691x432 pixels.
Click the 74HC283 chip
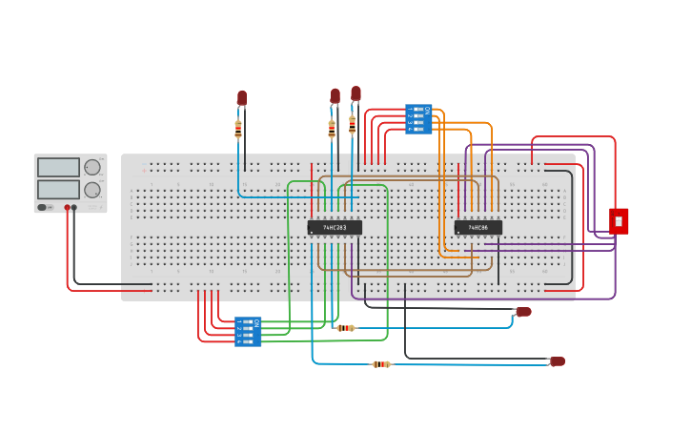[x=335, y=228]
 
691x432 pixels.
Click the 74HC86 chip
[x=478, y=228]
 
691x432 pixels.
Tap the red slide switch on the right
[x=619, y=221]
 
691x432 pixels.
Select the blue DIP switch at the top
[x=418, y=119]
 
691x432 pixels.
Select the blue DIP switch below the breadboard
[x=248, y=331]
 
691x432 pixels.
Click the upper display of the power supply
[x=58, y=168]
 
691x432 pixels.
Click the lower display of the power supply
[x=58, y=190]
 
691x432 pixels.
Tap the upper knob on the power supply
[x=92, y=168]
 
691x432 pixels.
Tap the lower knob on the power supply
[x=92, y=190]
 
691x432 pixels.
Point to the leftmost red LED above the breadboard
[x=242, y=97]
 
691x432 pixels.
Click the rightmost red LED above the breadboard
[x=356, y=93]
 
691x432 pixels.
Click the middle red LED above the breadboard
[x=335, y=95]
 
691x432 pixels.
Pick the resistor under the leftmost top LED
[x=238, y=129]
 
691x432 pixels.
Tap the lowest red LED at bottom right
[x=558, y=361]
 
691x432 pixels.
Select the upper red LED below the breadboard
[x=523, y=312]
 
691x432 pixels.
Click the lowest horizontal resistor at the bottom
[x=381, y=364]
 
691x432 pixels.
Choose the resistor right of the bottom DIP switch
[x=346, y=328]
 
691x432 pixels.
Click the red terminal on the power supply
[x=67, y=207]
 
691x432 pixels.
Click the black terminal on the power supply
[x=74, y=207]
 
